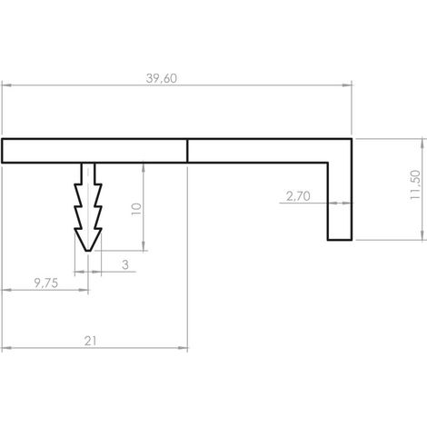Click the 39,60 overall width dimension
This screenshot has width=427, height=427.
point(162,78)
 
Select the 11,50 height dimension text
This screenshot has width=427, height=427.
point(415,184)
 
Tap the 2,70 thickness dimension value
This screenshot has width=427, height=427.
point(298,196)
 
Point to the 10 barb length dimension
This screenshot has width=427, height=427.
point(136,209)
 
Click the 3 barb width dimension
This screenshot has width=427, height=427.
point(125,264)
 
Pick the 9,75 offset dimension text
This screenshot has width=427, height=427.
point(46,283)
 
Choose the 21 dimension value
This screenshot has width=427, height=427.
point(90,342)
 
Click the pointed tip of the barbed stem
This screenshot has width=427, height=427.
point(88,251)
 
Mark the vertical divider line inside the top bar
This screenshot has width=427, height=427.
point(187,151)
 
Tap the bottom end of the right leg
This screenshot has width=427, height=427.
point(340,240)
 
